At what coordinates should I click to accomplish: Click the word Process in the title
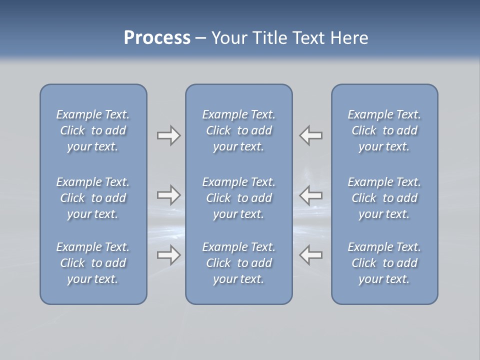tap(157, 38)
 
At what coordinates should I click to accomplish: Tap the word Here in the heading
tap(349, 38)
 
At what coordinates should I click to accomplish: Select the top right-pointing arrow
tap(168, 135)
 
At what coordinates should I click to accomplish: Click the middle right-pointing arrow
tap(168, 195)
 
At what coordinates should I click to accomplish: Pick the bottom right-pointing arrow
tap(168, 255)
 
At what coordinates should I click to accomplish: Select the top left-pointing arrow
tap(311, 135)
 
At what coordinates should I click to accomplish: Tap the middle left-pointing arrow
tap(311, 195)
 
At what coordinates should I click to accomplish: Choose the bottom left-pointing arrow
tap(311, 255)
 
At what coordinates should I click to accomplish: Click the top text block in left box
tap(93, 130)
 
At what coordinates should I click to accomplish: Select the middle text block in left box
tap(93, 198)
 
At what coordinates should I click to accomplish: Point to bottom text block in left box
tap(93, 263)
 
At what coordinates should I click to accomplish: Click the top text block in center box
tap(238, 130)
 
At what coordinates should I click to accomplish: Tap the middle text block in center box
tap(238, 198)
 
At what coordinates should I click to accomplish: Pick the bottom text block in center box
tap(238, 263)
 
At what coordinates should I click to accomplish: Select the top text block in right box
tap(384, 130)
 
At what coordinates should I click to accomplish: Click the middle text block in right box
tap(384, 198)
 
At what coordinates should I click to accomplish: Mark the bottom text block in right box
tap(384, 263)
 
